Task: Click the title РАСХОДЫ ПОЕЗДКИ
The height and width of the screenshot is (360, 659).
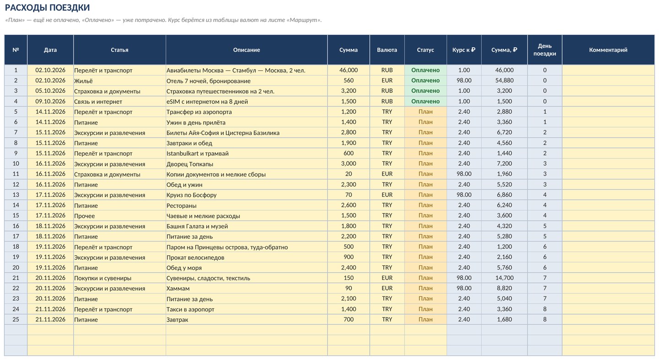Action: click(x=48, y=8)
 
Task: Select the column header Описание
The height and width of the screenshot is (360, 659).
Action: click(x=247, y=50)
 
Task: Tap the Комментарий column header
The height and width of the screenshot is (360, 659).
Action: click(x=608, y=50)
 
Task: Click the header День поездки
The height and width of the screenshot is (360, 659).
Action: click(x=545, y=50)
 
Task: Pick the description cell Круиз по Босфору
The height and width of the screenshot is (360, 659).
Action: click(x=191, y=195)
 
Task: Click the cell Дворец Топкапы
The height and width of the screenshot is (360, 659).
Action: click(x=190, y=164)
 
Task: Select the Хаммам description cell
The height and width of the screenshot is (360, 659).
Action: click(x=178, y=288)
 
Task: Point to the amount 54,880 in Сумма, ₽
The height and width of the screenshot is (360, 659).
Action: click(x=504, y=81)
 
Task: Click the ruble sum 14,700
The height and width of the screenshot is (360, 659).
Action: click(x=504, y=278)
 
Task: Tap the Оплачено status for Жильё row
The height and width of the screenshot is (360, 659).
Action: click(x=426, y=81)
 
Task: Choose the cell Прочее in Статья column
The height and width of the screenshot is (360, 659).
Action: click(x=84, y=216)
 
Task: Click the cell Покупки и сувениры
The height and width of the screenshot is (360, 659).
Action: click(x=103, y=278)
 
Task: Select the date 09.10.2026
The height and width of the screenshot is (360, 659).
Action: click(x=50, y=101)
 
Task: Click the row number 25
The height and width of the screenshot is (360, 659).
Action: click(x=16, y=319)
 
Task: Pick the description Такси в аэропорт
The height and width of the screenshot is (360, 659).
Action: click(x=190, y=309)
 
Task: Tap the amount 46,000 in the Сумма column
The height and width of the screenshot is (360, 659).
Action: click(x=348, y=70)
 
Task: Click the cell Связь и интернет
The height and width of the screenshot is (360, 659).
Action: click(x=98, y=102)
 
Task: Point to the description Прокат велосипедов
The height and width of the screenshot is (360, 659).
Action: click(x=195, y=258)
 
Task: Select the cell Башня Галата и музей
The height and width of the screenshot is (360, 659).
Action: click(x=197, y=226)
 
